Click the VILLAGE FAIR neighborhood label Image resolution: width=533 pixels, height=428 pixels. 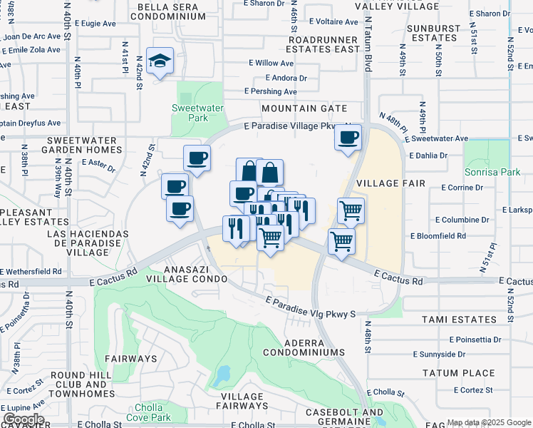390,183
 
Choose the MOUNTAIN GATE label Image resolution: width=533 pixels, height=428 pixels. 304,108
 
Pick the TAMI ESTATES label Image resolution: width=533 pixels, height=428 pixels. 458,320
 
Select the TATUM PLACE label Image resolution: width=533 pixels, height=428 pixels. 458,373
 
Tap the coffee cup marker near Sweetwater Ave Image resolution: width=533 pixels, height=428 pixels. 348,138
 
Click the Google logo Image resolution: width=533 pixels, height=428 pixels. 23,419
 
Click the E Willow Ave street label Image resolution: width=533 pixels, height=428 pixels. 271,63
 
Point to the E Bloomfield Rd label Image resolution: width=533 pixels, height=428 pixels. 438,235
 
